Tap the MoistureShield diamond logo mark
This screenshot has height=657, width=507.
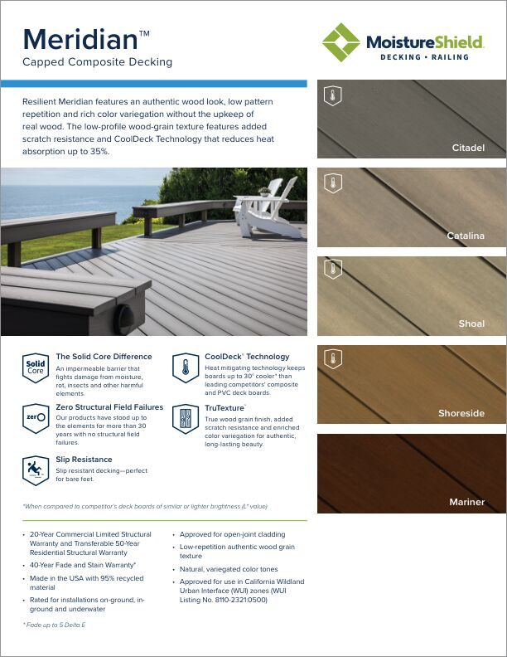click(340, 42)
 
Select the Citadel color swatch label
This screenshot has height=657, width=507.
click(468, 148)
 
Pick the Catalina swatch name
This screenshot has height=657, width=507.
click(466, 236)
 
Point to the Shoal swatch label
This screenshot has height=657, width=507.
click(471, 324)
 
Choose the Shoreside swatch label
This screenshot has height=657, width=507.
click(461, 413)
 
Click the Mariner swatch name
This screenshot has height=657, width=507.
click(466, 502)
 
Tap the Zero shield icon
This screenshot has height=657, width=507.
click(36, 418)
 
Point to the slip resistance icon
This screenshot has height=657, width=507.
click(36, 470)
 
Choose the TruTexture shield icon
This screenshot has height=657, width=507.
click(185, 418)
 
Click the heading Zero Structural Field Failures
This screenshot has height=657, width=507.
click(109, 407)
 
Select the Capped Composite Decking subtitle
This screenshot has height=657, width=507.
click(97, 62)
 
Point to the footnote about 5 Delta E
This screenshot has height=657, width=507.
click(56, 624)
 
